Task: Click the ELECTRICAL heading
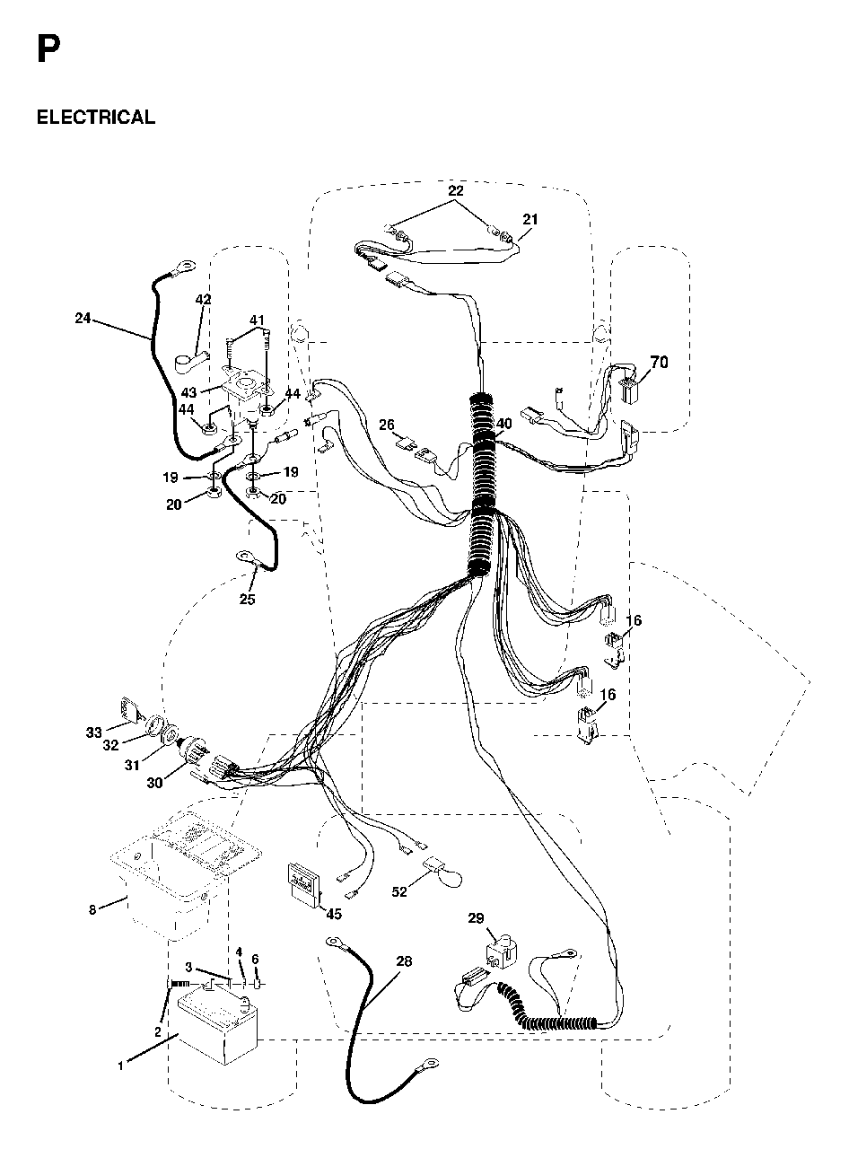pos(96,117)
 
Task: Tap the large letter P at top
pos(48,49)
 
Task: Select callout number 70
pos(659,362)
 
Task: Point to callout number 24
pos(83,318)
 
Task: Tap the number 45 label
pos(334,929)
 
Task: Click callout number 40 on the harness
pos(503,424)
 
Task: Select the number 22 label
pos(456,190)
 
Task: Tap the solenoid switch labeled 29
pos(501,953)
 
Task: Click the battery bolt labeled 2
pos(179,983)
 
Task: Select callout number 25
pos(247,599)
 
